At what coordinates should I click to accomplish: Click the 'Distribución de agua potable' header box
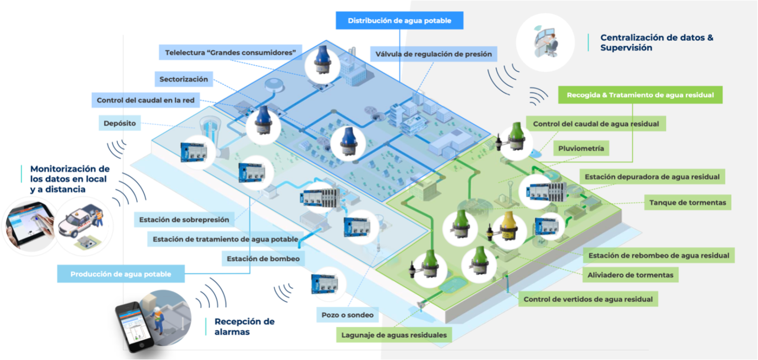pyautogui.click(x=399, y=21)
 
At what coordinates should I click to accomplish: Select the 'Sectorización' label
pyautogui.click(x=184, y=80)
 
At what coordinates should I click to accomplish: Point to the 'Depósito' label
pyautogui.click(x=120, y=123)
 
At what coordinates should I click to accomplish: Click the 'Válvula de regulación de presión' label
pyautogui.click(x=434, y=54)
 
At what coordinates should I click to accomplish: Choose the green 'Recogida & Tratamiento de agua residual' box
pyautogui.click(x=640, y=95)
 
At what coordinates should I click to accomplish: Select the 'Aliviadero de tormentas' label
pyautogui.click(x=631, y=275)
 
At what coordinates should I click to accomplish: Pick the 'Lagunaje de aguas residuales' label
pyautogui.click(x=394, y=335)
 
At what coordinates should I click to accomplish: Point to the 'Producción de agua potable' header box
pyautogui.click(x=121, y=274)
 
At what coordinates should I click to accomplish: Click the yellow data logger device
pyautogui.click(x=507, y=227)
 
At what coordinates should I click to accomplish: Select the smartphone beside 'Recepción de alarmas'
pyautogui.click(x=132, y=326)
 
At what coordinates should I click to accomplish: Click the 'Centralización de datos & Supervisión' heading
pyautogui.click(x=656, y=43)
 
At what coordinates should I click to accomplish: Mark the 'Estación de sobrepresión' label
pyautogui.click(x=184, y=220)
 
